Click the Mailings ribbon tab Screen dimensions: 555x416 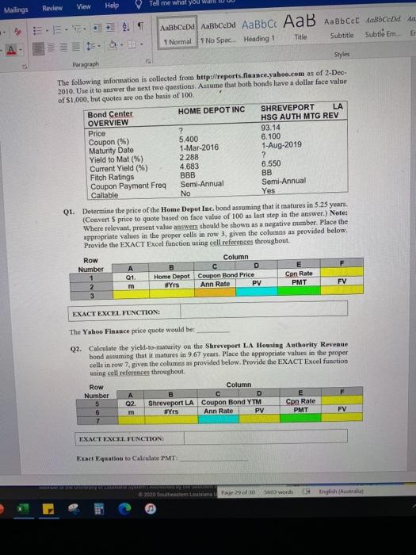[17, 7]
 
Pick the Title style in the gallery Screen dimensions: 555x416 [300, 37]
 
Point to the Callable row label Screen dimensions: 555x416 [101, 191]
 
